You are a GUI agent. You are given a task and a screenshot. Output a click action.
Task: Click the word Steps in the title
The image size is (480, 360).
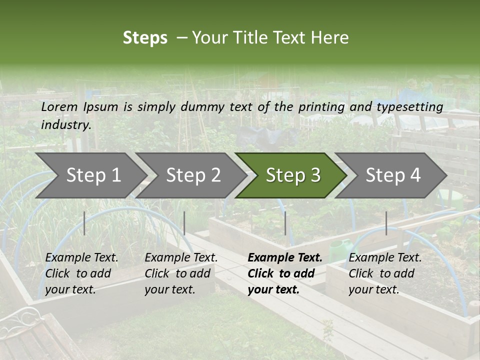(x=145, y=38)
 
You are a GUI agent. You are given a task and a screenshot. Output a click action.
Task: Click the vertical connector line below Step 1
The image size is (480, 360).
(x=84, y=223)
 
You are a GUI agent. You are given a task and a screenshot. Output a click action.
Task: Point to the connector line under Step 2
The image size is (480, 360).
(x=184, y=223)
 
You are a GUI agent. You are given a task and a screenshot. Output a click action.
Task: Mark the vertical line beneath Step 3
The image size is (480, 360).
(x=285, y=223)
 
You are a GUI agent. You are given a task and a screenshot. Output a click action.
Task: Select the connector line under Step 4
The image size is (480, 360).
(x=386, y=223)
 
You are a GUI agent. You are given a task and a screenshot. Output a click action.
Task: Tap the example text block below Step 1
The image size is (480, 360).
(x=81, y=273)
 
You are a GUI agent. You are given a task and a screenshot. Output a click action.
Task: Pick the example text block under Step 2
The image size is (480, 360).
(x=181, y=273)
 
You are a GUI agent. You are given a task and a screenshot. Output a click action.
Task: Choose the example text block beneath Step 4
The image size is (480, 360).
(x=385, y=273)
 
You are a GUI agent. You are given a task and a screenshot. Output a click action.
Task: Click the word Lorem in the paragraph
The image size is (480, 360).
(x=59, y=107)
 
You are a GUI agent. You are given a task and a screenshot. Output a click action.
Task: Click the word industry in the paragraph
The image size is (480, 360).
(x=65, y=124)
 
